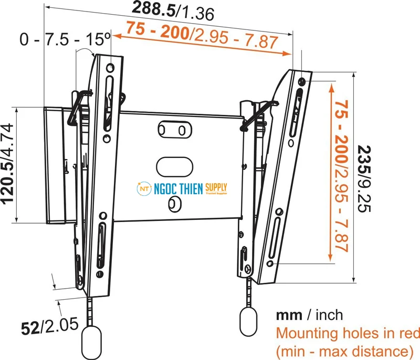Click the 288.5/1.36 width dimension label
(x=173, y=10)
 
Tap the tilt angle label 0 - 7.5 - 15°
(x=65, y=39)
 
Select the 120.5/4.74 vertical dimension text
(x=8, y=164)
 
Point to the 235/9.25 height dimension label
(x=364, y=179)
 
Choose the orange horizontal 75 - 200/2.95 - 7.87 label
(x=202, y=35)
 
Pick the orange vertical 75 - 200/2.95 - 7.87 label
(x=342, y=176)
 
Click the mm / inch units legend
(x=309, y=315)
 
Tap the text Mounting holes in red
(x=348, y=334)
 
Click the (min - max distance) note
(x=345, y=351)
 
